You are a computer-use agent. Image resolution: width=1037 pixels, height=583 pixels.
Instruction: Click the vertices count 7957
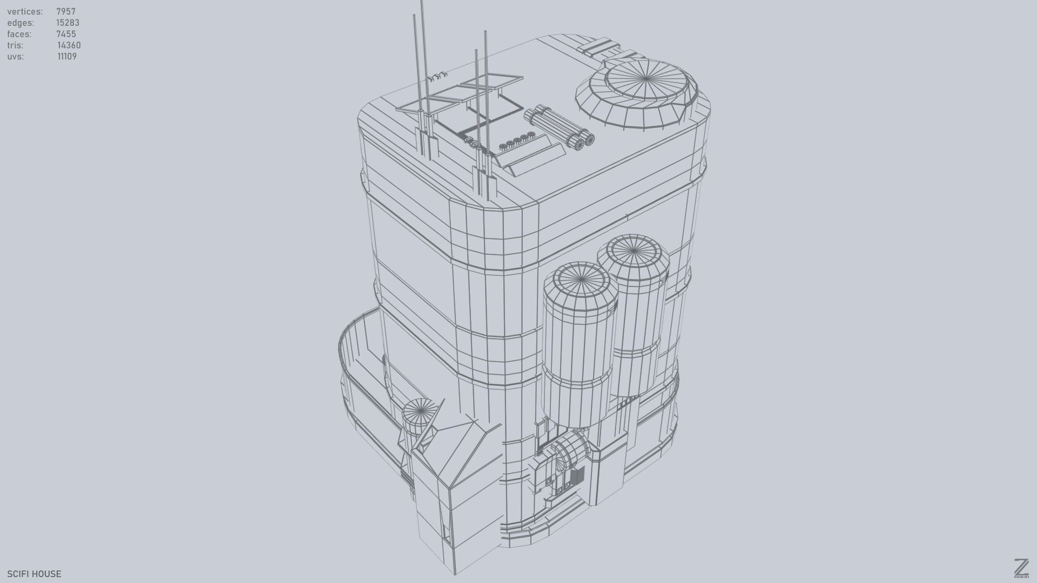pos(66,11)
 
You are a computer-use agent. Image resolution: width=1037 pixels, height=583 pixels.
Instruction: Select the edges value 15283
pos(68,23)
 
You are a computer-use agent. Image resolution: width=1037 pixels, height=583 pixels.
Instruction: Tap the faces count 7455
pos(66,34)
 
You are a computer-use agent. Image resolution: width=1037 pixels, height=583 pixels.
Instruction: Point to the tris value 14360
pos(69,45)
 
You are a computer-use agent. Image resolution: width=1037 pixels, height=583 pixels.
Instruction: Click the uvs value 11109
pos(67,57)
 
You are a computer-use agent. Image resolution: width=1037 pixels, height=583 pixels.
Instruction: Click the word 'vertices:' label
pos(25,11)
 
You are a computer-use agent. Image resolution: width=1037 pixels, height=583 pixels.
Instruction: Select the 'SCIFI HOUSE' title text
pos(34,574)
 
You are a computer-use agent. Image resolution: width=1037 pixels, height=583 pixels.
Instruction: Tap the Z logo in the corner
pos(1021,568)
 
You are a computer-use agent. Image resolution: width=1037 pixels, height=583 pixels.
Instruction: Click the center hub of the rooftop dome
pos(647,79)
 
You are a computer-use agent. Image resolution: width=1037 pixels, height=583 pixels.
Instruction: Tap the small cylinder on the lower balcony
pos(419,416)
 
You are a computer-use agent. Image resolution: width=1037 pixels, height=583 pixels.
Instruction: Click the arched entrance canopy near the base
pos(568,451)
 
